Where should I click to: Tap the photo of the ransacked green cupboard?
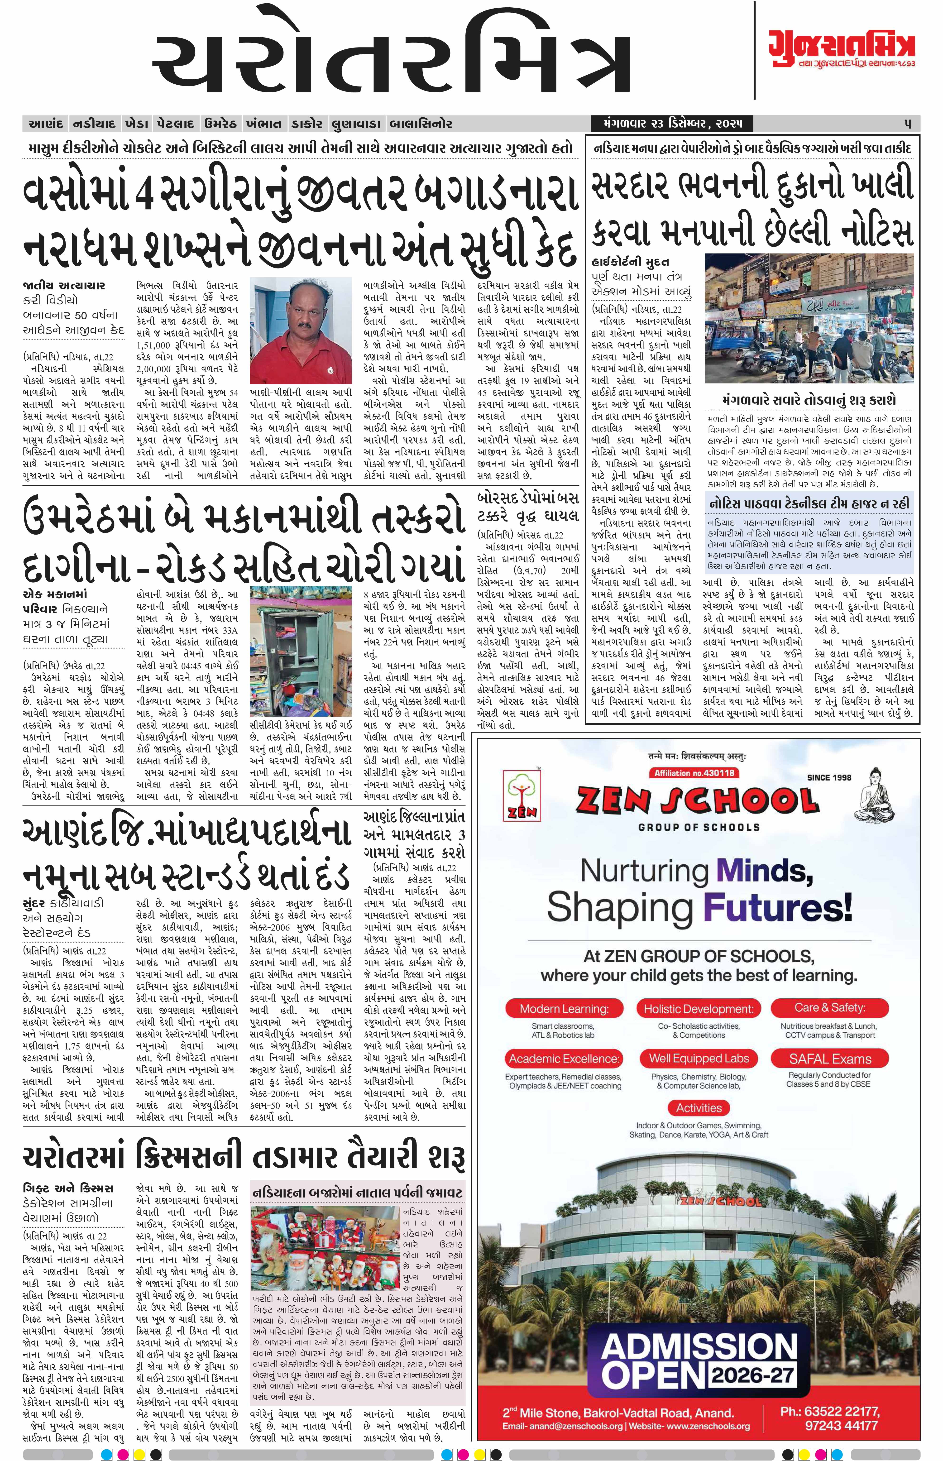(x=301, y=650)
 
